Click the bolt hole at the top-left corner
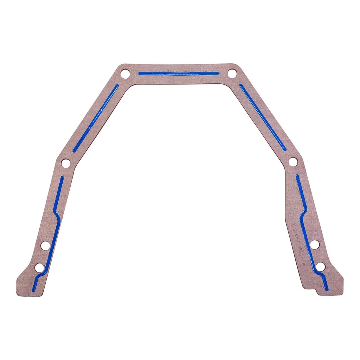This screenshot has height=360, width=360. pyautogui.click(x=125, y=74)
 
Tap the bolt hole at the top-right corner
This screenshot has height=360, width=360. pyautogui.click(x=232, y=74)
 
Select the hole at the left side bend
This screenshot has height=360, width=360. pyautogui.click(x=66, y=163)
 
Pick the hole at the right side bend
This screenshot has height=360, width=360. pyautogui.click(x=293, y=162)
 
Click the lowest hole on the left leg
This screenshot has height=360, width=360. pyautogui.click(x=39, y=268)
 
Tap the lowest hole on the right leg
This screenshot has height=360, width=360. pyautogui.click(x=320, y=267)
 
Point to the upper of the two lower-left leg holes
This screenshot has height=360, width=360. pyautogui.click(x=45, y=245)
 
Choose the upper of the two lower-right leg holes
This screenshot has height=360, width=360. pyautogui.click(x=315, y=244)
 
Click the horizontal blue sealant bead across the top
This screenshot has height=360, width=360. pyautogui.click(x=179, y=73)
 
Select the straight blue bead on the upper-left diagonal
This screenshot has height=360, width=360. pyautogui.click(x=96, y=118)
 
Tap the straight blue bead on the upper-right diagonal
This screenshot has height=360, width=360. pyautogui.click(x=263, y=117)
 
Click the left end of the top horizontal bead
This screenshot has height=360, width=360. pyautogui.click(x=140, y=74)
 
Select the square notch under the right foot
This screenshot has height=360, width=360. pyautogui.click(x=319, y=291)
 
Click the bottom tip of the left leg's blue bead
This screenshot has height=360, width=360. pyautogui.click(x=34, y=290)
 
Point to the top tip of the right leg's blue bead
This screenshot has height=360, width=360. pyautogui.click(x=297, y=176)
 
